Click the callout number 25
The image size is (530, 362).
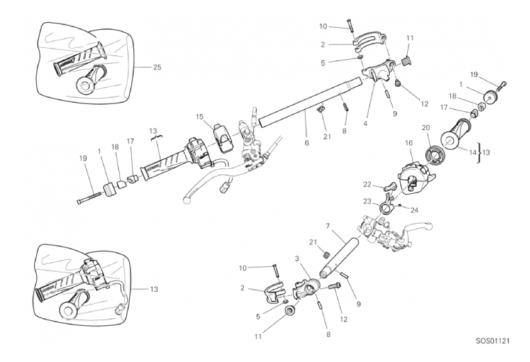tap(157, 67)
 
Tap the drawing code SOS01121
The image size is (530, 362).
tap(493, 341)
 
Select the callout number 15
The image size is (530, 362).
tap(199, 116)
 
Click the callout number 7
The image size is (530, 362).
tap(326, 226)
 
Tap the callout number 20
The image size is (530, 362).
tap(427, 127)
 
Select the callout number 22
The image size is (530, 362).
tap(367, 184)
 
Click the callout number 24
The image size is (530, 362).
tap(415, 209)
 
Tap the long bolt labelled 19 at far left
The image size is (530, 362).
tap(90, 198)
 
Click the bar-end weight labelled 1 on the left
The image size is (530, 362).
tap(108, 190)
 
